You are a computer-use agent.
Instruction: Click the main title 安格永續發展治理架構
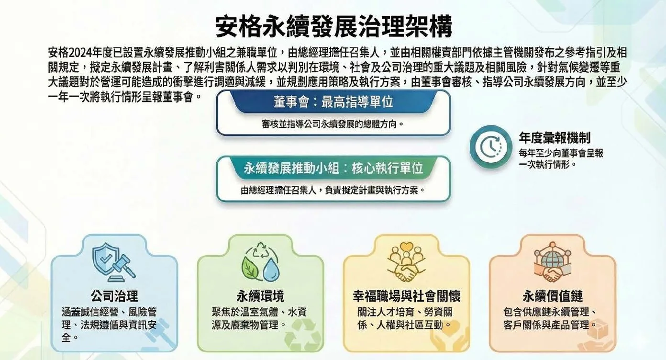tap(333, 26)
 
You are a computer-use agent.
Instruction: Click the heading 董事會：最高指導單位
tap(333, 101)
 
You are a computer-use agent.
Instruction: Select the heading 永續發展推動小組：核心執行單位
tap(333, 168)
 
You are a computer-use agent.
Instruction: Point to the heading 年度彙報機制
tap(555, 138)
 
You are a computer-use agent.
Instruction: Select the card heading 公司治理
tap(114, 295)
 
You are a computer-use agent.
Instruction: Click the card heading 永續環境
tap(260, 295)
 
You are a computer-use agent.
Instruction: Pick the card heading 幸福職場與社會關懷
tap(406, 295)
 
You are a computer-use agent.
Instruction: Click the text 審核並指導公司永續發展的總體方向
tap(333, 124)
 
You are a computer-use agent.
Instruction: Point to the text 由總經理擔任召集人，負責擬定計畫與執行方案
tap(333, 190)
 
